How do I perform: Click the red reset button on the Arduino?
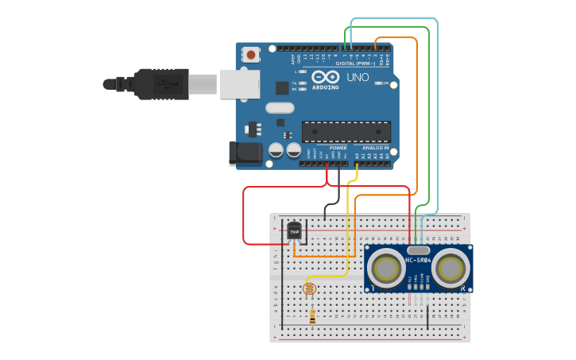pyautogui.click(x=251, y=55)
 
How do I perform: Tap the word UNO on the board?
pyautogui.click(x=358, y=77)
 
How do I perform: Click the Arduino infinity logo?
pyautogui.click(x=325, y=77)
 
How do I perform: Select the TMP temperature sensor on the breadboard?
pyautogui.click(x=294, y=231)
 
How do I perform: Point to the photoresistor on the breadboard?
pyautogui.click(x=310, y=288)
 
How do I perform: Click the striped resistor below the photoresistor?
pyautogui.click(x=311, y=316)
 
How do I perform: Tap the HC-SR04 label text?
pyautogui.click(x=418, y=261)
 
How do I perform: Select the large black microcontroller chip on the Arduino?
pyautogui.click(x=346, y=131)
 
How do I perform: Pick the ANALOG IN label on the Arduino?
pyautogui.click(x=376, y=148)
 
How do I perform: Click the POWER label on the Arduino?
pyautogui.click(x=338, y=148)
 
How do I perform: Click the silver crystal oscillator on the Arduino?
pyautogui.click(x=280, y=108)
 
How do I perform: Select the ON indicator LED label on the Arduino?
pyautogui.click(x=387, y=83)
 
